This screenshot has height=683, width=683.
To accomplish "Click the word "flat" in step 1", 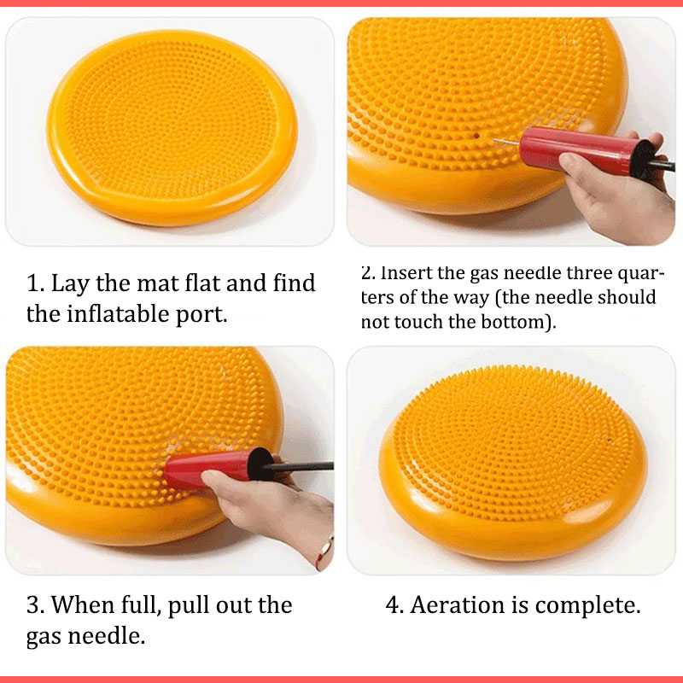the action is pos(202,283).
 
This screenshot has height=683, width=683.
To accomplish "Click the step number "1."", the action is pos(36,283).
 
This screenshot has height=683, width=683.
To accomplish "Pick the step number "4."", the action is pos(394,605).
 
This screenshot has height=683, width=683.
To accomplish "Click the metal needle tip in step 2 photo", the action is pos(494,140).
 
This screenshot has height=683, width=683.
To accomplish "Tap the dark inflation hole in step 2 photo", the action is pos(476,136).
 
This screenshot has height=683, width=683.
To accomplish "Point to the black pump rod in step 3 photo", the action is pos(300,466).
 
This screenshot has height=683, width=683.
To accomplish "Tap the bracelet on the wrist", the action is pos(324,552).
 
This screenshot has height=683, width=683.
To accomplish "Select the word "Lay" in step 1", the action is pos(70,284).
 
